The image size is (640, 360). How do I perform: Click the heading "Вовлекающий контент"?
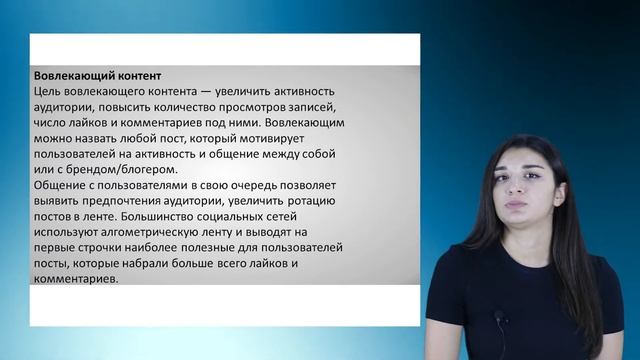coord(97,76)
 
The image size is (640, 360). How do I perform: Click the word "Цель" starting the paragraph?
coord(48,92)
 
